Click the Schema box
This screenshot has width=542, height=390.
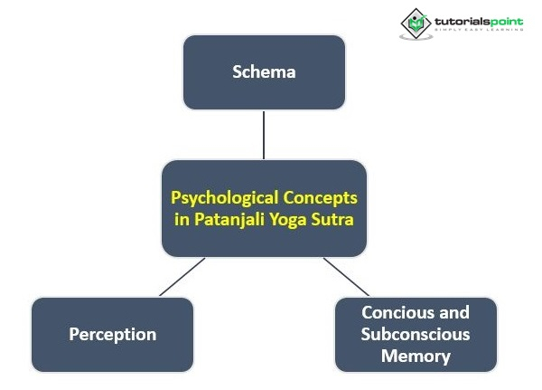tap(263, 71)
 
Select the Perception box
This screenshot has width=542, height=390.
tap(112, 334)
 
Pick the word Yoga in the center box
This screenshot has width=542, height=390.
tap(287, 220)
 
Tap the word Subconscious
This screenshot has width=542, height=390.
tap(416, 334)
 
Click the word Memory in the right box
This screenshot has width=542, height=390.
tap(416, 356)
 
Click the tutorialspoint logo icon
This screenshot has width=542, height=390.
tap(416, 23)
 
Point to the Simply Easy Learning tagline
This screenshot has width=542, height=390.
tap(478, 31)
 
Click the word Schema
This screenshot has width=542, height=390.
tap(263, 71)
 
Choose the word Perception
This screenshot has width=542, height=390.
tap(112, 334)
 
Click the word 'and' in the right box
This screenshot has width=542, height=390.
tap(455, 313)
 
